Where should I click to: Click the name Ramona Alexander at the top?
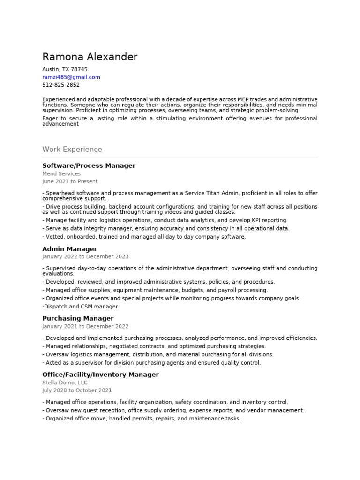(90, 57)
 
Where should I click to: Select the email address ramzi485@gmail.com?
(71, 77)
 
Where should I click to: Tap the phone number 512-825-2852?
(61, 85)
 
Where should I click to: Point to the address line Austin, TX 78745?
(65, 69)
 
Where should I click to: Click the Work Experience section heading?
(72, 150)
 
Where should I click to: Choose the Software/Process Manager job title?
(89, 166)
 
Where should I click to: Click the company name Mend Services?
(61, 174)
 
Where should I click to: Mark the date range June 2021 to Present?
(70, 181)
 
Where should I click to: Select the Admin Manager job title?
(69, 249)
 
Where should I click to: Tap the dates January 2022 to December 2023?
(85, 257)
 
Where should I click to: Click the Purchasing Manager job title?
(78, 319)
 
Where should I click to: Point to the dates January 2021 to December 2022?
(85, 327)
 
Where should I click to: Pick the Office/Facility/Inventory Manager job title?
(100, 375)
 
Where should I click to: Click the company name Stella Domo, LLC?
(65, 383)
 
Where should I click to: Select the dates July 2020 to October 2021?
(77, 390)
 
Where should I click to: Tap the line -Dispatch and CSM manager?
(80, 307)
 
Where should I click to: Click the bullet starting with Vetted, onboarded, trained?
(144, 237)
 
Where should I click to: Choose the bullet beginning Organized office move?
(142, 419)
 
